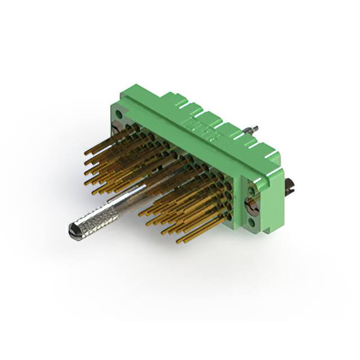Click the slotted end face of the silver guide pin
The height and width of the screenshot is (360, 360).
coord(73,229)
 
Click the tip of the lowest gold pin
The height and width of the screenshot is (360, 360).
coord(178,241)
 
